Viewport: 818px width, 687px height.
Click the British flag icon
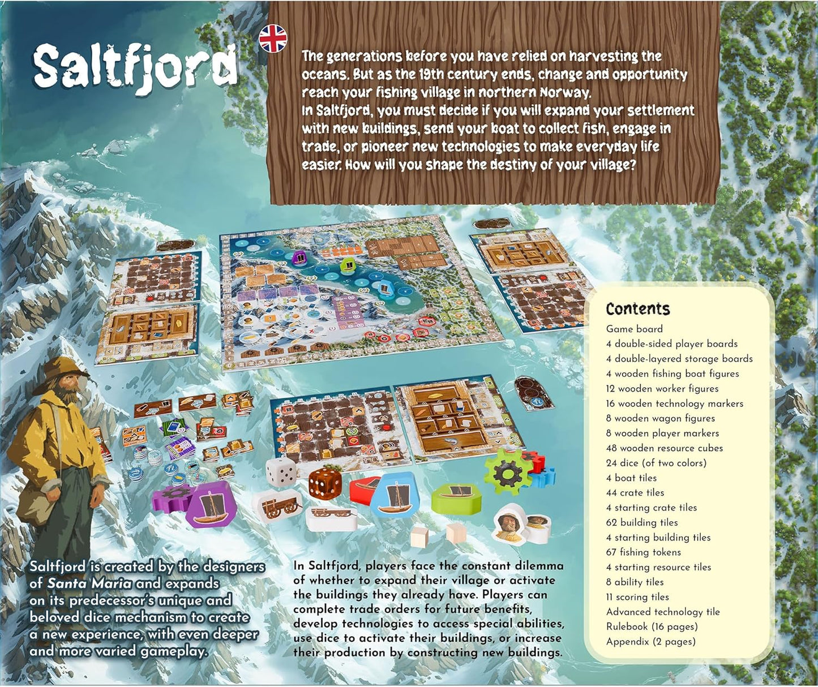273,38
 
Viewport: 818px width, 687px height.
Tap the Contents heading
637,309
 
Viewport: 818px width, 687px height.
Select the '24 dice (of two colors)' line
656,463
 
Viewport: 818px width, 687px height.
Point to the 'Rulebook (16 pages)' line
651,626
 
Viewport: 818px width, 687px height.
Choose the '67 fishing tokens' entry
643,552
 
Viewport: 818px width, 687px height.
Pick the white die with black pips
281,471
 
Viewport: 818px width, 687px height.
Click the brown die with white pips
325,484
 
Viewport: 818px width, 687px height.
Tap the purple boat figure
212,505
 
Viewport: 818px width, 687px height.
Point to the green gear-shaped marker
508,471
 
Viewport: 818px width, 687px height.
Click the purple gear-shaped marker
170,499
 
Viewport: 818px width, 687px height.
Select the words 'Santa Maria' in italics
89,583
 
